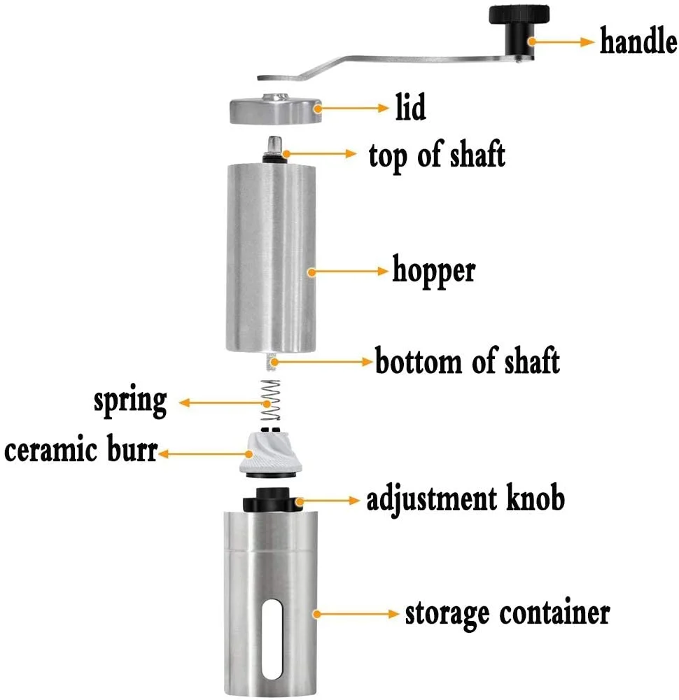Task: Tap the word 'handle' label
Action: pos(638,43)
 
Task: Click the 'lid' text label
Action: pos(409,108)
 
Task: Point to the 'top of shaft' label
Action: pos(437,155)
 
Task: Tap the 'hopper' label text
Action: pos(433,269)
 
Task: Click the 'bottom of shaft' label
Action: pos(468,362)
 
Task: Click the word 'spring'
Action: pos(131,401)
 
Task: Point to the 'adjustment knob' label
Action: pos(465,500)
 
